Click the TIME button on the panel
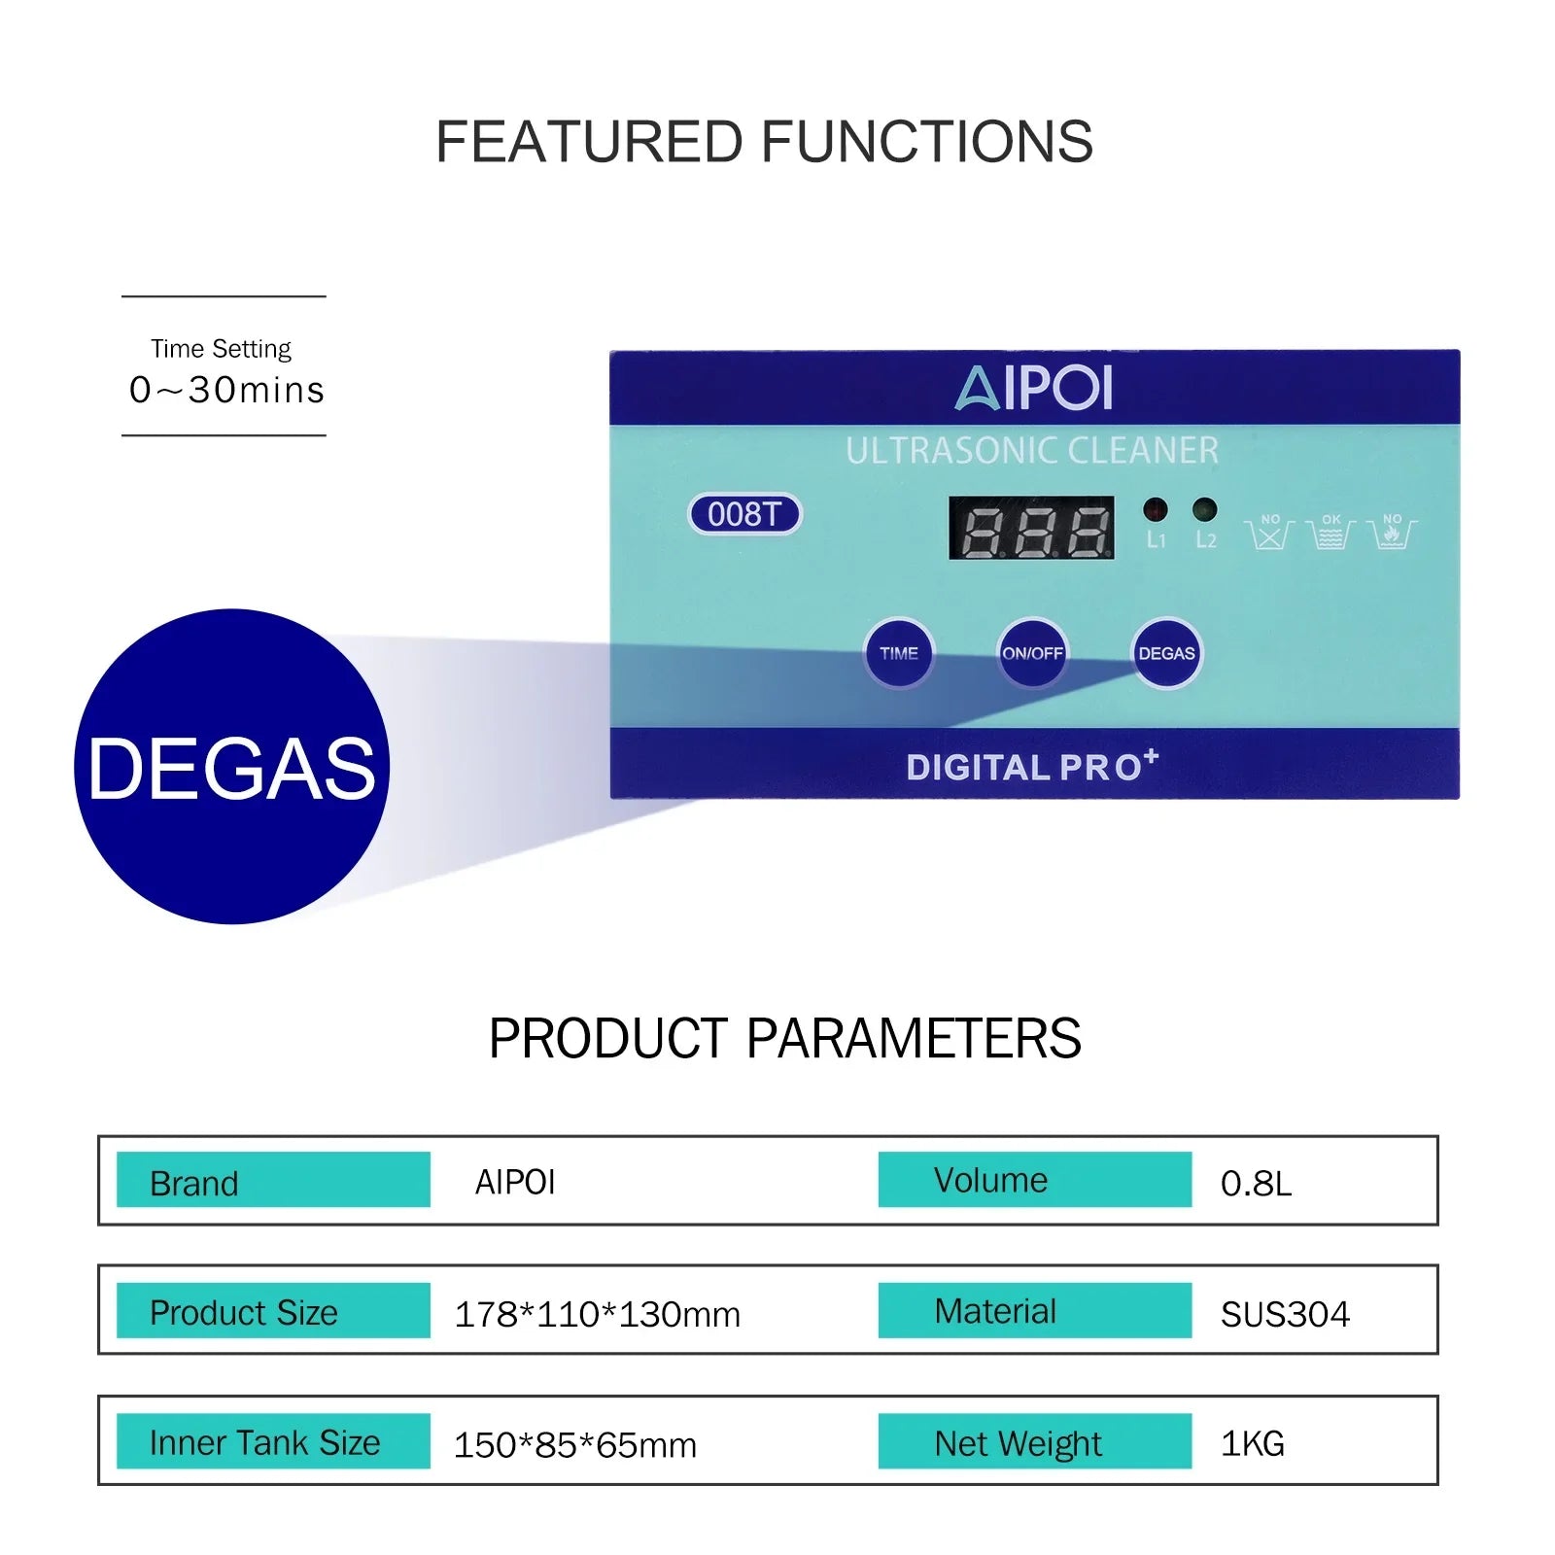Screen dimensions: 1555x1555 click(x=898, y=653)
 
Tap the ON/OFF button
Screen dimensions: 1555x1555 click(x=1032, y=653)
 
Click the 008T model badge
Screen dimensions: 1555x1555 click(x=744, y=514)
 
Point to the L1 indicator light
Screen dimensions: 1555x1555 click(x=1155, y=508)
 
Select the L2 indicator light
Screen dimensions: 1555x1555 click(x=1204, y=508)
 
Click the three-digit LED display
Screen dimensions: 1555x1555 click(x=1031, y=528)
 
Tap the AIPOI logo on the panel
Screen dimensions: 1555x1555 click(x=1033, y=388)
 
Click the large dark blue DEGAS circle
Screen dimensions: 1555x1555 click(x=231, y=767)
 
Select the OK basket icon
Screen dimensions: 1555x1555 click(x=1330, y=533)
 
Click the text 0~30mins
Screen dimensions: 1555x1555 click(x=226, y=390)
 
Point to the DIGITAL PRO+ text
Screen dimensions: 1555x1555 click(x=1031, y=766)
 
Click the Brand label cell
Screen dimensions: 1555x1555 click(x=273, y=1180)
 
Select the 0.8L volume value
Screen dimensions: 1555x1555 click(x=1256, y=1183)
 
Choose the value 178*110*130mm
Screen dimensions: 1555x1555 click(x=597, y=1314)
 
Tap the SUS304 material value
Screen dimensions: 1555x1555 click(x=1285, y=1314)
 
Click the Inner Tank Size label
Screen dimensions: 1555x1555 click(x=265, y=1442)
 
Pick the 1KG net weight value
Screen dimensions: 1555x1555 click(x=1252, y=1443)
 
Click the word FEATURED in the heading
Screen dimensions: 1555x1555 click(x=589, y=142)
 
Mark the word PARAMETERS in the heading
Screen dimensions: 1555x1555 click(x=914, y=1038)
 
